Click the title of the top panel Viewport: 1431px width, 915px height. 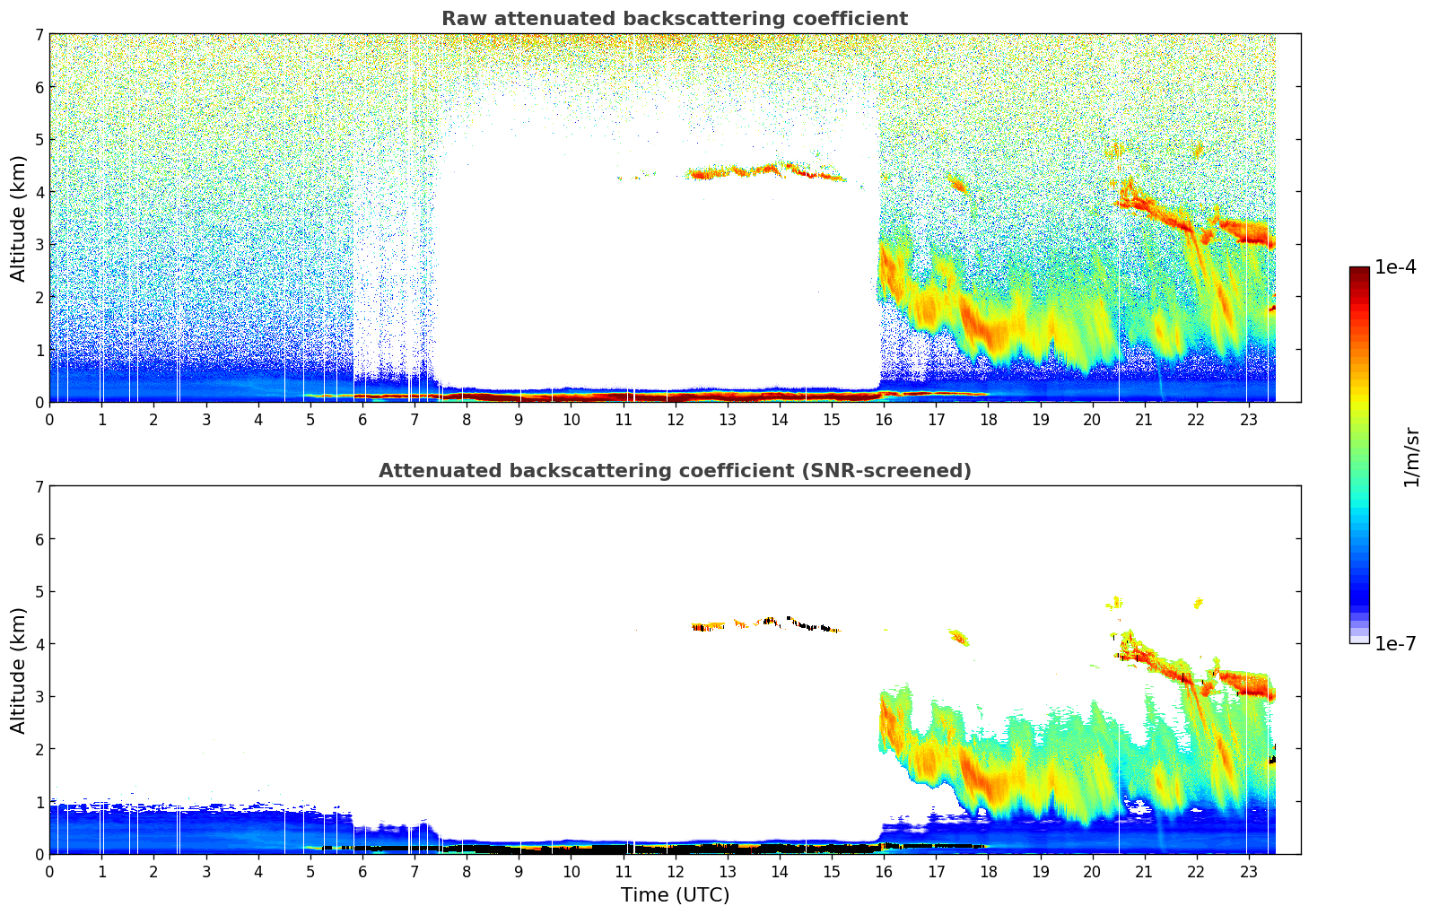click(674, 19)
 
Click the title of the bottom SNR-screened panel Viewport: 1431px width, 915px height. click(674, 471)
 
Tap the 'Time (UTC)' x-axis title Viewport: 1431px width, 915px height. click(675, 895)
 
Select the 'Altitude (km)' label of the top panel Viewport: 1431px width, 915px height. click(19, 218)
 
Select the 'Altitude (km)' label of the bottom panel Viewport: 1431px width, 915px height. click(19, 670)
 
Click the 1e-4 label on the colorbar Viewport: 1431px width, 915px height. click(1395, 267)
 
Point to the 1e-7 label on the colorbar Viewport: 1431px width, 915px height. click(1395, 643)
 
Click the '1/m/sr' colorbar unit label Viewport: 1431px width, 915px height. click(1411, 457)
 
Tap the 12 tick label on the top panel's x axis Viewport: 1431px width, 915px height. click(675, 420)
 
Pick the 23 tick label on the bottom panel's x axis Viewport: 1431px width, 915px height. click(1249, 872)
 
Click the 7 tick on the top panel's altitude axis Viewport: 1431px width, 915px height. click(39, 35)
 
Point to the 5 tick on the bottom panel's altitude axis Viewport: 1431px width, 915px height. click(39, 592)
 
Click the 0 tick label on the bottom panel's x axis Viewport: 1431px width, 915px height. click(49, 872)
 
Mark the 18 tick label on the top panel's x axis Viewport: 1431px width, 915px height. click(988, 420)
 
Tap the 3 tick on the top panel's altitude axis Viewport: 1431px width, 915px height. click(39, 245)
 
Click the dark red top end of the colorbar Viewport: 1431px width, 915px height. click(1358, 271)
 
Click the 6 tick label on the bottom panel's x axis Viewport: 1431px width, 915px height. click(362, 872)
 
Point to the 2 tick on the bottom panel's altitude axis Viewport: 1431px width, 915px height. click(39, 749)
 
